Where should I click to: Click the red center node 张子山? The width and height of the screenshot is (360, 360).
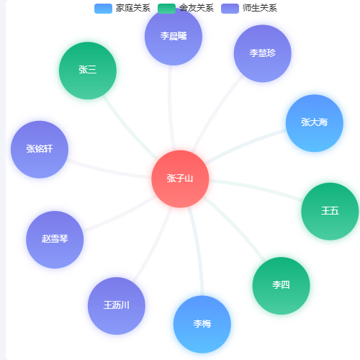(x=180, y=179)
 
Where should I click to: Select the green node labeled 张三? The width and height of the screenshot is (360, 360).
(x=88, y=71)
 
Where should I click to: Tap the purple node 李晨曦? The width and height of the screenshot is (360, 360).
(x=174, y=37)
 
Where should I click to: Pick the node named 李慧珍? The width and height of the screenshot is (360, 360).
(x=263, y=53)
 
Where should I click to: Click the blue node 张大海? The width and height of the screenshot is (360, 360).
(x=315, y=123)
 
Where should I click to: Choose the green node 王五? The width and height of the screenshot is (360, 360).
(x=330, y=212)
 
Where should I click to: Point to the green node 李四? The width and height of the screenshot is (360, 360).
(x=281, y=286)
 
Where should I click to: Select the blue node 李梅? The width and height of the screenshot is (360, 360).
(x=202, y=324)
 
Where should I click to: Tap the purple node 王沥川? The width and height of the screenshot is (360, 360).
(x=117, y=306)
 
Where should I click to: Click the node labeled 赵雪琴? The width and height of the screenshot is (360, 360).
(x=55, y=240)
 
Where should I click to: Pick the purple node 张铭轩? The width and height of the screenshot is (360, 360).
(x=40, y=149)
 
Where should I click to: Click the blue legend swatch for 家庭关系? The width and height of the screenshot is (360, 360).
(x=103, y=9)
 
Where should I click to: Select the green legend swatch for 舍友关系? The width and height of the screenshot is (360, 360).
(x=166, y=9)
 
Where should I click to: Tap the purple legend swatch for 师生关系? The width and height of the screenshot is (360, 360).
(x=230, y=9)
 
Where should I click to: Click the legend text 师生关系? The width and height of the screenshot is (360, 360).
(x=260, y=8)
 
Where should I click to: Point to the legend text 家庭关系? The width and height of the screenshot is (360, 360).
(x=133, y=8)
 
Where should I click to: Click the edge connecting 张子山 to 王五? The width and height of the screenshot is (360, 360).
(x=256, y=188)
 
